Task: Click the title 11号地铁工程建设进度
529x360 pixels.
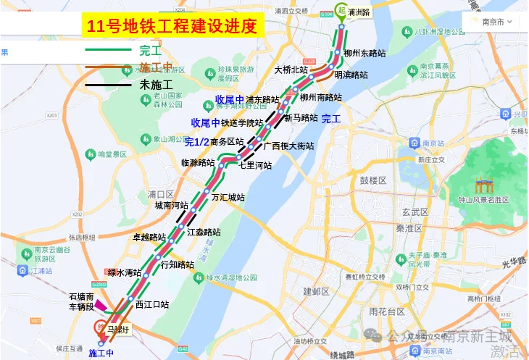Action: pos(172,28)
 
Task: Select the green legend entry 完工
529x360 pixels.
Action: pos(150,51)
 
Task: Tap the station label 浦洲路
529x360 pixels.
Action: pos(359,12)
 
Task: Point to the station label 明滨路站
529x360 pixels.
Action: pos(351,75)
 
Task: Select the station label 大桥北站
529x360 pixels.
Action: pos(291,70)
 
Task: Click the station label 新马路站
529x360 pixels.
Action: pos(301,117)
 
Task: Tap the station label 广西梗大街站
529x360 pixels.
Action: pos(288,146)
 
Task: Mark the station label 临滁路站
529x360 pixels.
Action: pos(198,162)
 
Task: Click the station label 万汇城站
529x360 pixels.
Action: pos(228,197)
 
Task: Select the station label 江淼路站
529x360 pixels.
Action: pos(204,232)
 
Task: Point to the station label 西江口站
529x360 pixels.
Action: pos(152,304)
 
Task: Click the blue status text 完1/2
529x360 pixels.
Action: pos(196,142)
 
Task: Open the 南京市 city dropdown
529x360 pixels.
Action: pos(497,22)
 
